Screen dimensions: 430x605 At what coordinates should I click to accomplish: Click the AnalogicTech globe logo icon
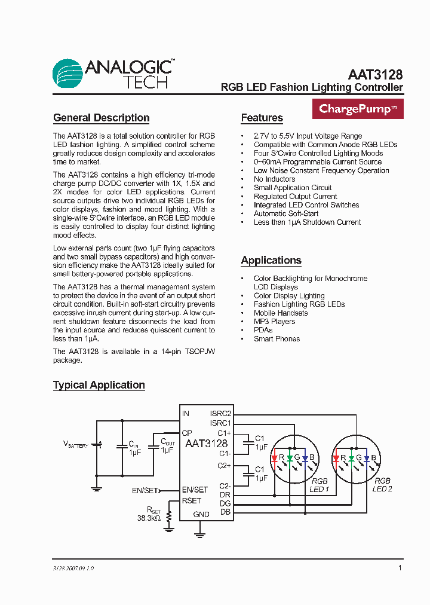pyautogui.click(x=67, y=74)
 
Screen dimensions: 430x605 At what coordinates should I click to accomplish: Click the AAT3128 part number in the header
pyautogui.click(x=375, y=75)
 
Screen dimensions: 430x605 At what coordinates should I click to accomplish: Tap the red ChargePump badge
pyautogui.click(x=358, y=109)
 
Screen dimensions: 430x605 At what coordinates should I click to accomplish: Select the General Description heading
pyautogui.click(x=101, y=118)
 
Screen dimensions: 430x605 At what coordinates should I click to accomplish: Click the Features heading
pyautogui.click(x=262, y=118)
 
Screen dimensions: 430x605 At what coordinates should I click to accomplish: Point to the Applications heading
pyautogui.click(x=271, y=260)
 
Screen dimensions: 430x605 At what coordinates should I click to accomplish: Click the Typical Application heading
pyautogui.click(x=99, y=385)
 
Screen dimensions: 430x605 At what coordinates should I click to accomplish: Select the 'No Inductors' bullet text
pyautogui.click(x=274, y=179)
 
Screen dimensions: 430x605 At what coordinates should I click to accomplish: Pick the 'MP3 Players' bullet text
pyautogui.click(x=274, y=322)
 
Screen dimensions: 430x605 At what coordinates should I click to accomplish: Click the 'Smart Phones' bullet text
pyautogui.click(x=277, y=339)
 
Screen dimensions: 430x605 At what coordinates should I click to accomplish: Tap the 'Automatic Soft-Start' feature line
pyautogui.click(x=286, y=213)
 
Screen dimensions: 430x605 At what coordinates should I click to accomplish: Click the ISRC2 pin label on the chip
pyautogui.click(x=220, y=413)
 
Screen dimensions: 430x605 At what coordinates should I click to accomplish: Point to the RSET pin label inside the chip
pyautogui.click(x=192, y=501)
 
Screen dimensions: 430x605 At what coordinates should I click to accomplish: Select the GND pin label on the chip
pyautogui.click(x=201, y=514)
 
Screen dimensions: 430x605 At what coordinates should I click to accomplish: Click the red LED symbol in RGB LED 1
pyautogui.click(x=275, y=459)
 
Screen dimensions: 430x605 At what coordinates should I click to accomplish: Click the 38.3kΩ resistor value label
pyautogui.click(x=149, y=519)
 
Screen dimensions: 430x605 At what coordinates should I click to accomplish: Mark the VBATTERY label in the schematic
pyautogui.click(x=76, y=444)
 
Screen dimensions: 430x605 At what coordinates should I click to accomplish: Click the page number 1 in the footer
pyautogui.click(x=400, y=568)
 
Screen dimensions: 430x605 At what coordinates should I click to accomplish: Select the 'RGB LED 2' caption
pyautogui.click(x=382, y=485)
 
